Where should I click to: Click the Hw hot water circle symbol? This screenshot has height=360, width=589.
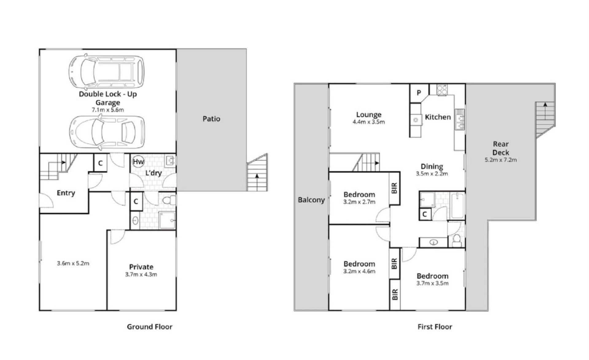[x=138, y=162]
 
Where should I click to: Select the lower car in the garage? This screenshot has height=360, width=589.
[x=107, y=132]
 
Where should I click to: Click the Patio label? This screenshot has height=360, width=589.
[x=211, y=119]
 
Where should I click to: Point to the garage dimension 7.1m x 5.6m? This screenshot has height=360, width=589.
[x=108, y=110]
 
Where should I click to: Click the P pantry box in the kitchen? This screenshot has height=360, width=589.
[x=419, y=93]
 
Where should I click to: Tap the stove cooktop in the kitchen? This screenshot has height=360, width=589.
[x=442, y=89]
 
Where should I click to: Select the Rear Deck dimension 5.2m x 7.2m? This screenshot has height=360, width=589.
[x=501, y=160]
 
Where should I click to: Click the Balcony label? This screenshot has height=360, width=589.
[x=311, y=200]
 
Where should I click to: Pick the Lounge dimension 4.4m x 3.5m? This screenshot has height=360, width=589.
[x=369, y=122]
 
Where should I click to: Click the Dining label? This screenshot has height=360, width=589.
[x=432, y=166]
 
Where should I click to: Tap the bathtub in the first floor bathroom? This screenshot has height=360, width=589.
[x=457, y=205]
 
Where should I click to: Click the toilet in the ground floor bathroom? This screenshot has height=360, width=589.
[x=169, y=201]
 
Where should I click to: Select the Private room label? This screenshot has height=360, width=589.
[x=141, y=267]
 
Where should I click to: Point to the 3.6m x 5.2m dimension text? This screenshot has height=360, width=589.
[x=73, y=263]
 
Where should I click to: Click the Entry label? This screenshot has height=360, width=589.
[x=66, y=193]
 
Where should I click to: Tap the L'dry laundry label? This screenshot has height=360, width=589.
[x=153, y=173]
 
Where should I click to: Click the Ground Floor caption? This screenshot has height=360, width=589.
[x=149, y=327]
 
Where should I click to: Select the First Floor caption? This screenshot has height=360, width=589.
[x=435, y=327]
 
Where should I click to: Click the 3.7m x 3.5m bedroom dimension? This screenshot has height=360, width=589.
[x=432, y=283]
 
